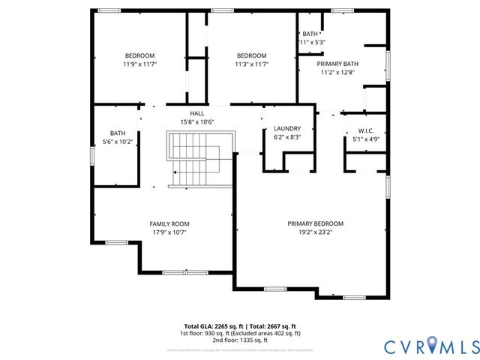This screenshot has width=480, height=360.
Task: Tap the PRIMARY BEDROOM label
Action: click(x=316, y=223)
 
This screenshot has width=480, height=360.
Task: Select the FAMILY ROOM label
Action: click(x=169, y=223)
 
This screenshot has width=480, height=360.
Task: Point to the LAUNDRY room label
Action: click(x=287, y=128)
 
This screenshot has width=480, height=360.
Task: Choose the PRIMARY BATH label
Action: click(x=338, y=64)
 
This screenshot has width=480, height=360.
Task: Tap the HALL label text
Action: click(x=196, y=112)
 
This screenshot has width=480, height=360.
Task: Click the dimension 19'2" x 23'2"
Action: click(x=316, y=232)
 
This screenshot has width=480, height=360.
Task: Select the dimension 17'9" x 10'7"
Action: click(x=169, y=232)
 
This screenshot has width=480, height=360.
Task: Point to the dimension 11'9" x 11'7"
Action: click(x=139, y=64)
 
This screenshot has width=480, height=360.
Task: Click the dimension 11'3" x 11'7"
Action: click(x=251, y=64)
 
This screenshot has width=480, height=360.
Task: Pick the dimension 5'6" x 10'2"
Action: click(x=118, y=141)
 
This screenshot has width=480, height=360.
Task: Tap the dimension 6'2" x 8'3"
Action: click(x=287, y=137)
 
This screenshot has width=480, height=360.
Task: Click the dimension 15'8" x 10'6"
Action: click(x=196, y=121)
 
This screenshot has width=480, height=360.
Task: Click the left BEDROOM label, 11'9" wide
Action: click(x=139, y=55)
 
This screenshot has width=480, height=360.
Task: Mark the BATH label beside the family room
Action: click(x=118, y=133)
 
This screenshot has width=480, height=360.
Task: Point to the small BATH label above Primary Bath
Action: click(x=310, y=34)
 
